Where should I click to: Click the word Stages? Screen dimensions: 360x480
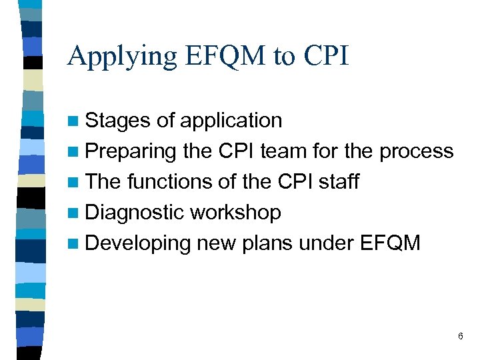[x=119, y=121]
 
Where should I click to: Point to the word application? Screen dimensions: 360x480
[x=230, y=121]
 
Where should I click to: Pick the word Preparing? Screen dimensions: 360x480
[x=131, y=152]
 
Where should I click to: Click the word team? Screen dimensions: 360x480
[x=285, y=151]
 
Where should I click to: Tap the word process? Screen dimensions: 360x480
[x=417, y=152]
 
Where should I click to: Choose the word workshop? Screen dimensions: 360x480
[x=235, y=213]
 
